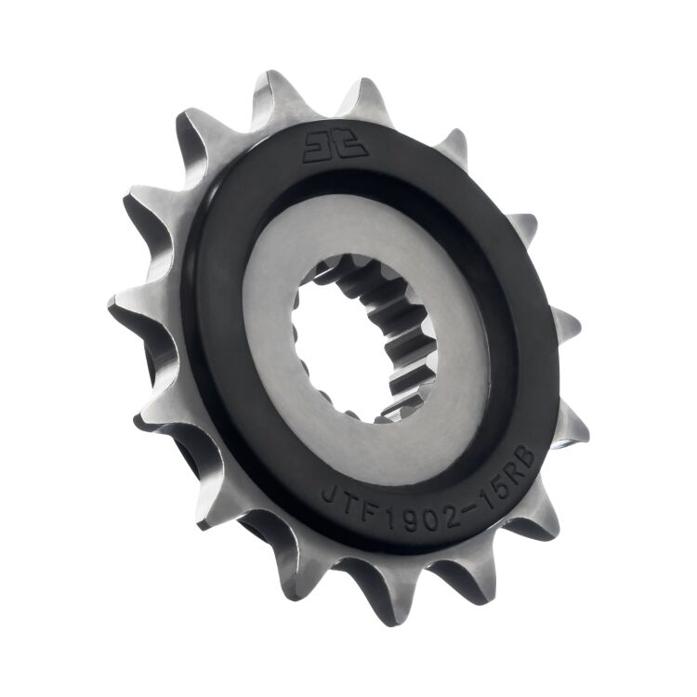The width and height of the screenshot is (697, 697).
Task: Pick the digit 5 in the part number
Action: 494,477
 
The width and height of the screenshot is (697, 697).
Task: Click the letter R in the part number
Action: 511,464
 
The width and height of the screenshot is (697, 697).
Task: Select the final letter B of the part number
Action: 526,453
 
